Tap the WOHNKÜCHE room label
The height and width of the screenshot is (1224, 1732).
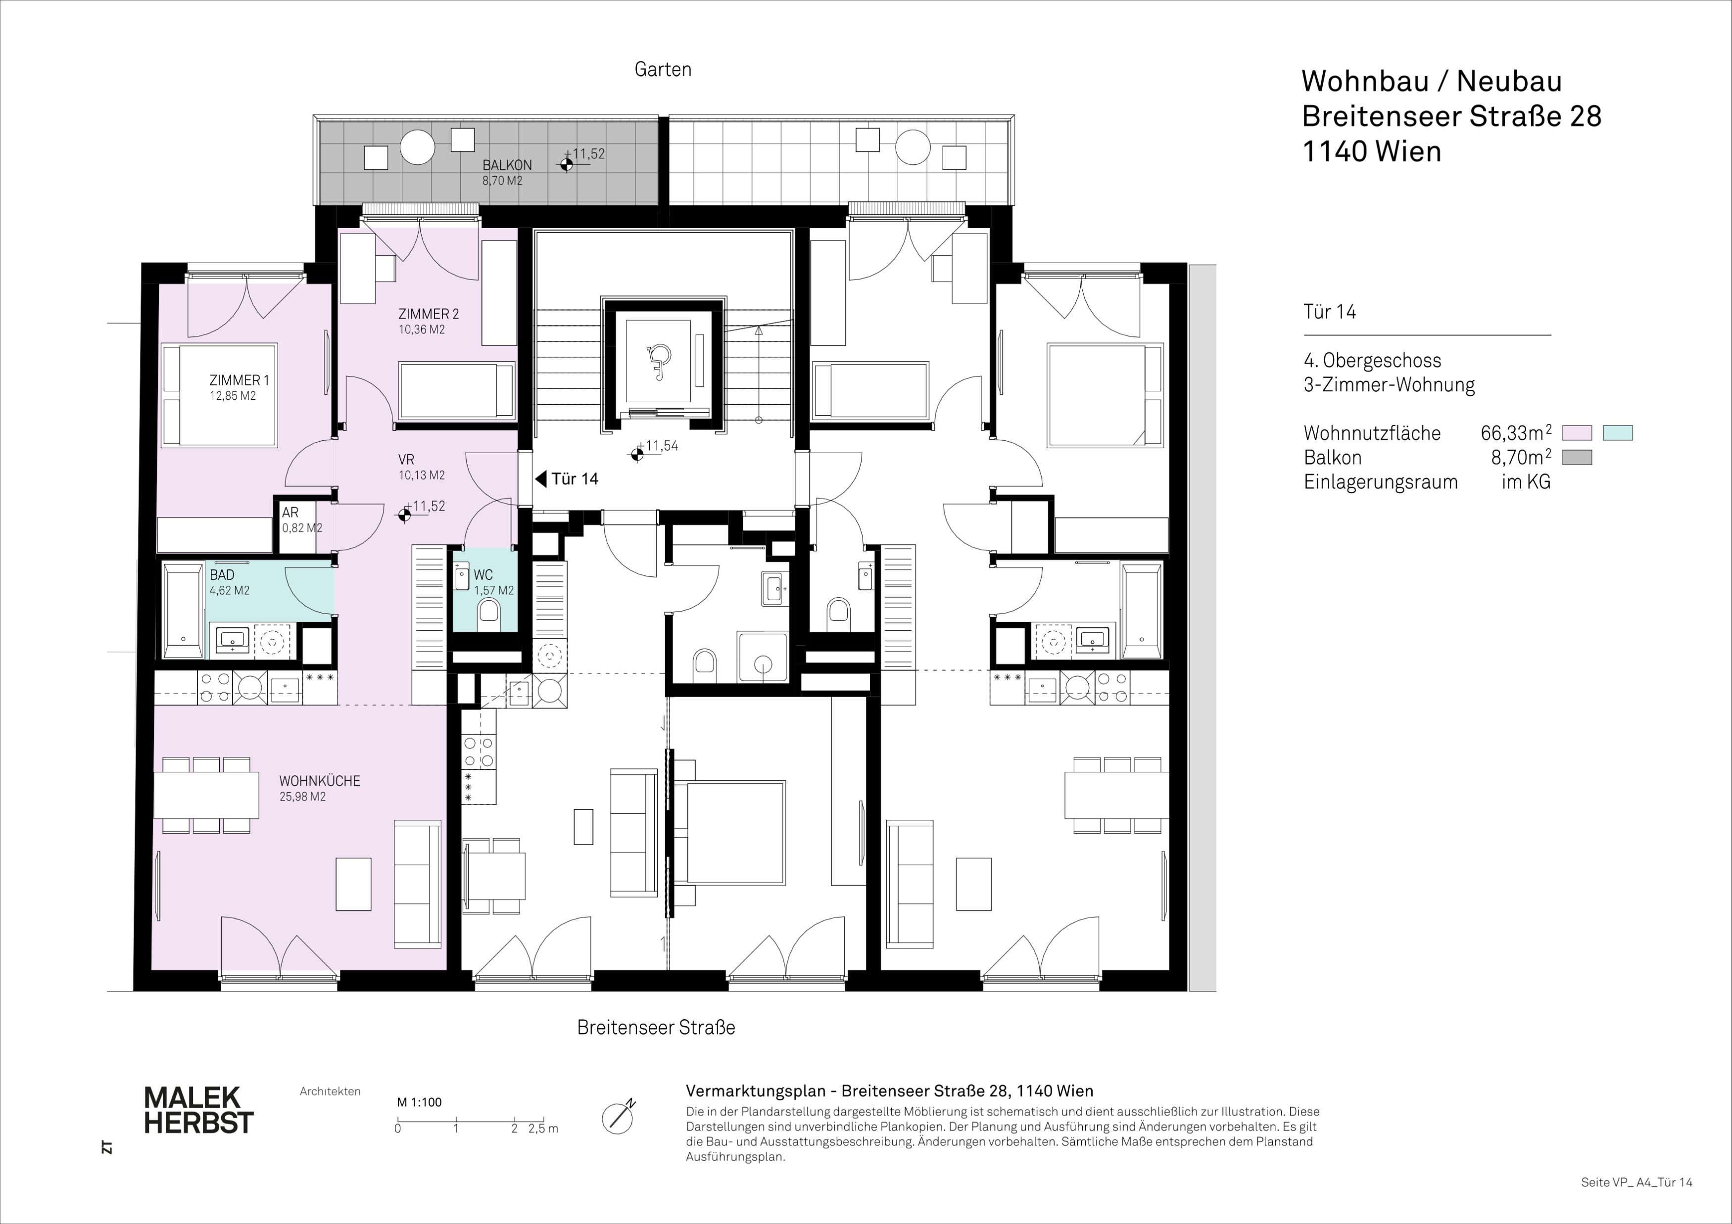(320, 781)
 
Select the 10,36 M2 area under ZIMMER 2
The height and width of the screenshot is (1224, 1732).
(422, 330)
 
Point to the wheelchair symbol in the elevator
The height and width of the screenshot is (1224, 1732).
(659, 361)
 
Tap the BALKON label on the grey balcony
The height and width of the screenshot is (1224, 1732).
(507, 165)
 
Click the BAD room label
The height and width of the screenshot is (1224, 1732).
(222, 575)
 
